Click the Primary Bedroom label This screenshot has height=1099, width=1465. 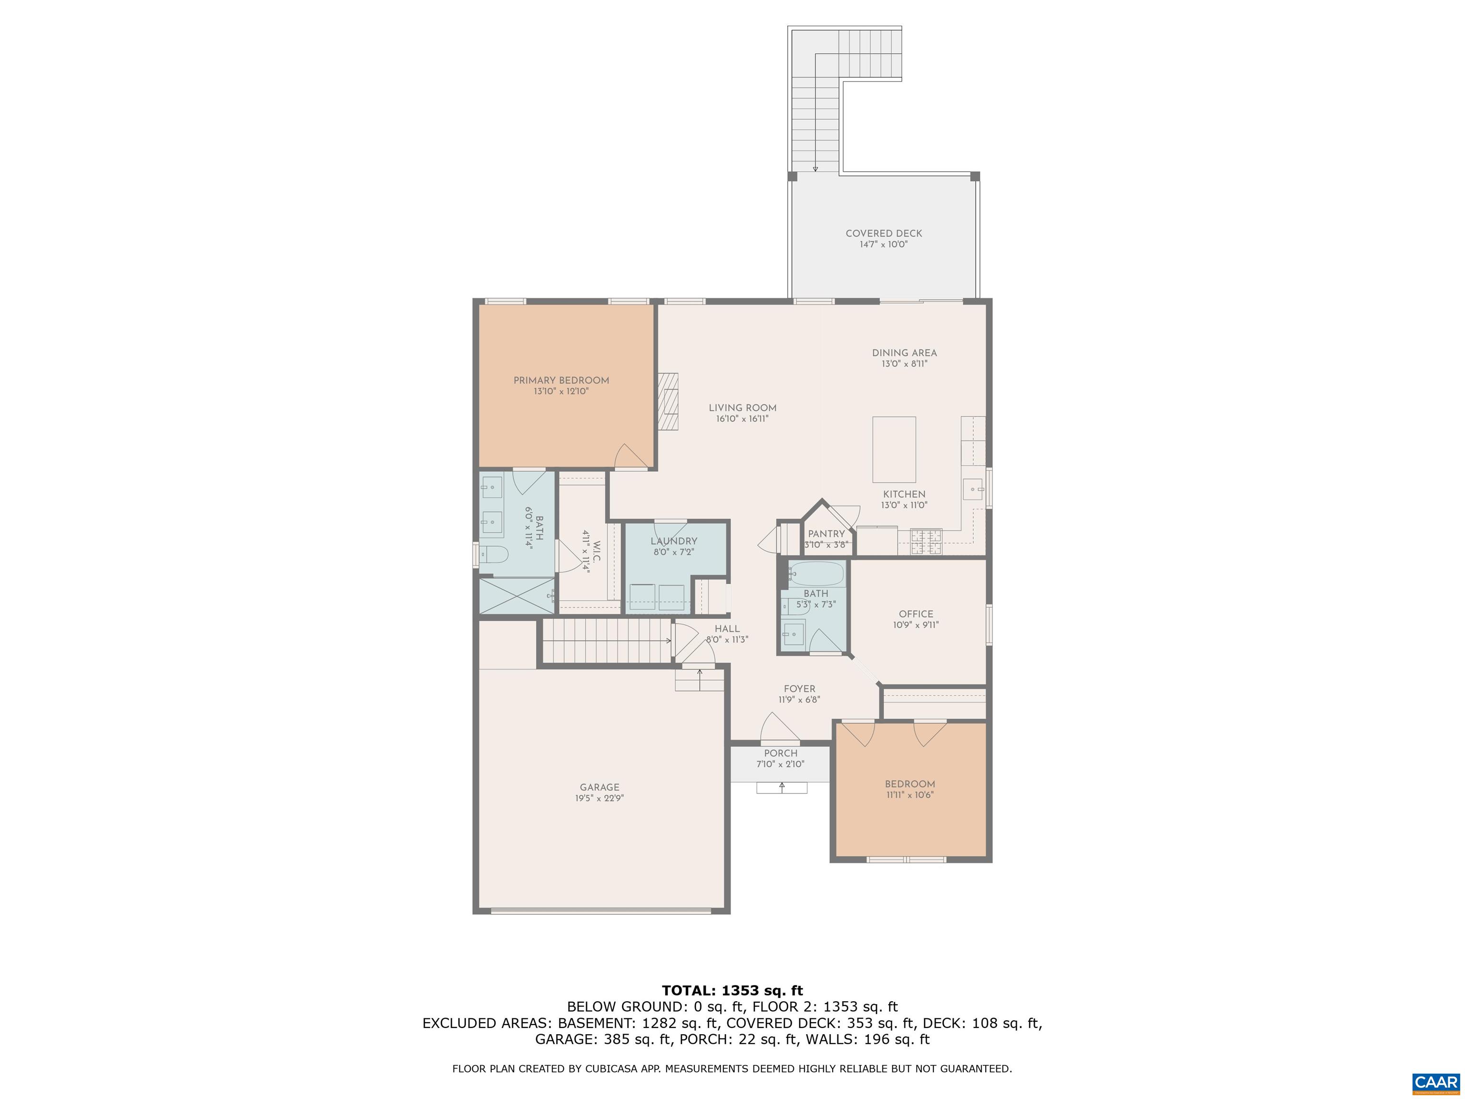pos(561,380)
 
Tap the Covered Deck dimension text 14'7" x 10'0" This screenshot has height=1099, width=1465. pos(884,244)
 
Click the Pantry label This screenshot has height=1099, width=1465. pos(826,534)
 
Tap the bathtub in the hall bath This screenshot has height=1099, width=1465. pos(816,574)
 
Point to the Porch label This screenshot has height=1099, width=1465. pos(780,753)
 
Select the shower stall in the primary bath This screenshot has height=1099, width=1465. pos(516,596)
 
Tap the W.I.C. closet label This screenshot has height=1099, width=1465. pos(596,551)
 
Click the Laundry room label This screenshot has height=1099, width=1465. pos(673,541)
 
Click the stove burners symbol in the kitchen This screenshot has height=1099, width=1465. pos(926,541)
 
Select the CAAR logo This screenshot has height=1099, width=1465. pos(1435,1083)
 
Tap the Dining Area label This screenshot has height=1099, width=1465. pos(904,353)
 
